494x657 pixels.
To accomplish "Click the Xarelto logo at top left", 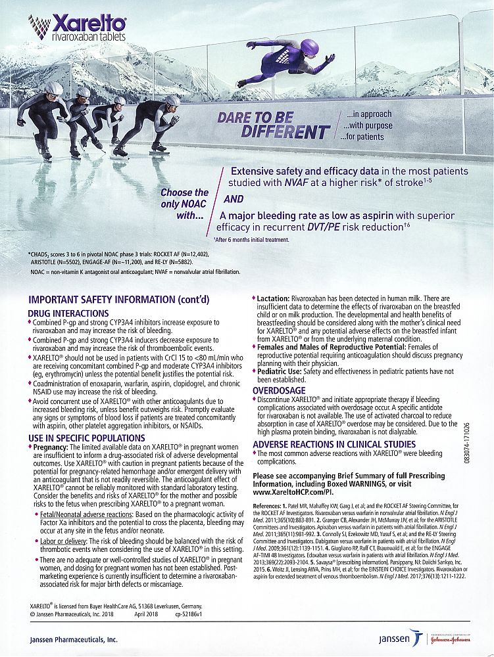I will [x=77, y=27].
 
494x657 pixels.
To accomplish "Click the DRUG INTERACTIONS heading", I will [x=68, y=313].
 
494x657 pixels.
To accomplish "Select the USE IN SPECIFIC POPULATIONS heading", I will [x=87, y=438].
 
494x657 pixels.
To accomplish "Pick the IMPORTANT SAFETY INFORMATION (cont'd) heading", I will [x=118, y=300].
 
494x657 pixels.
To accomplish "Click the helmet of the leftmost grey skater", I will [x=55, y=88].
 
